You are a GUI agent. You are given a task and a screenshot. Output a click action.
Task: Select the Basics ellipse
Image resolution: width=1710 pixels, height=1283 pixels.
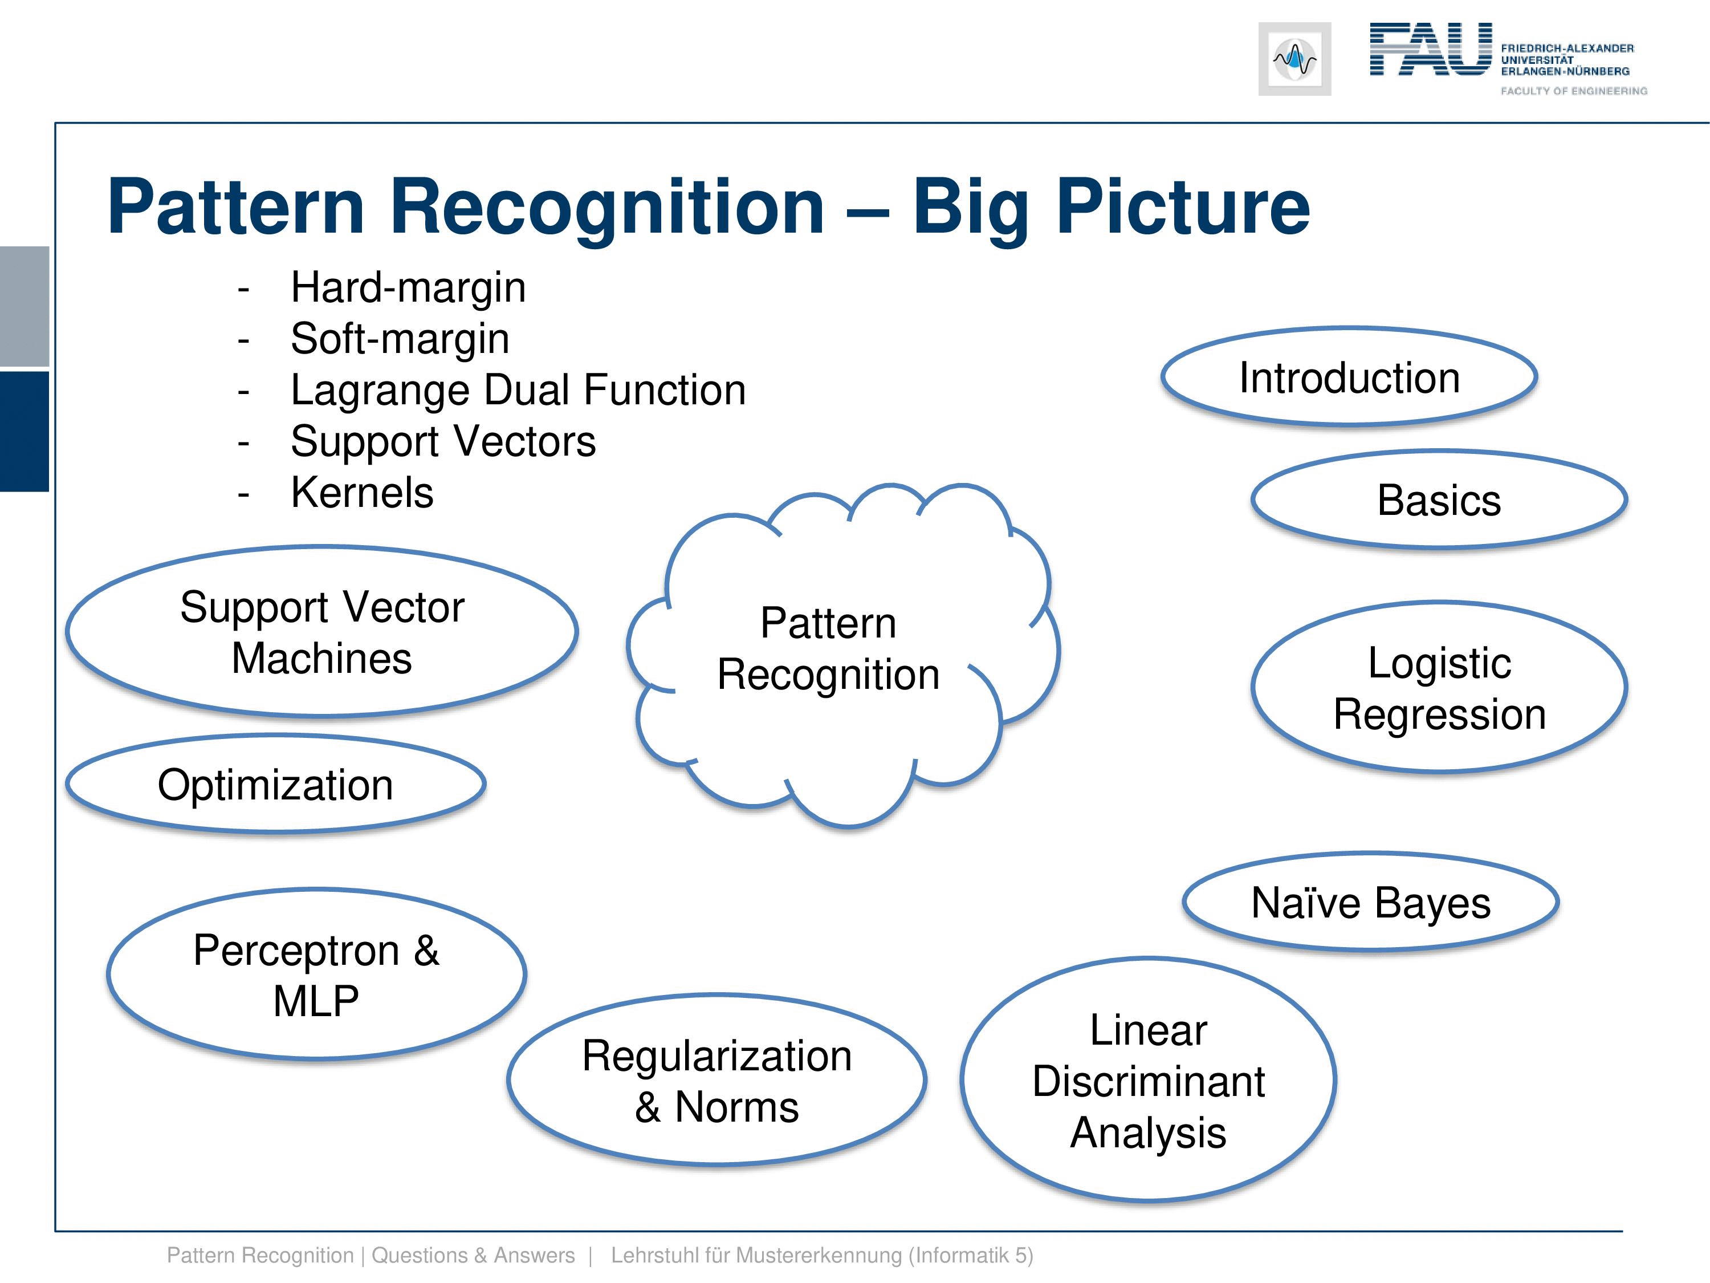[1439, 500]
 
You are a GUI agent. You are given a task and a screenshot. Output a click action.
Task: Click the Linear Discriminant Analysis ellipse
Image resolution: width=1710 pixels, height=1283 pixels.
[1148, 1081]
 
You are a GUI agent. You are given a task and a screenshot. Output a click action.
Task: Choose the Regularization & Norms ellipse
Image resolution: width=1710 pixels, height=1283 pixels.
[716, 1081]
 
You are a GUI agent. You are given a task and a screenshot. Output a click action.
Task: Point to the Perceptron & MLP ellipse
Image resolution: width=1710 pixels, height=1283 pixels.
[316, 975]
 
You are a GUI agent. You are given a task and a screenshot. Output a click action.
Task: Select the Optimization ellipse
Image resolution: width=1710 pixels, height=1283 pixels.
[275, 784]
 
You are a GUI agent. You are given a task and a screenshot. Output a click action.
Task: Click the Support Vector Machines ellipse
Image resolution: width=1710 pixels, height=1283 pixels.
[321, 632]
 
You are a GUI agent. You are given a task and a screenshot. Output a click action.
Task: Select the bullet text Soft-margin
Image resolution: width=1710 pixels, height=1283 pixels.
[400, 338]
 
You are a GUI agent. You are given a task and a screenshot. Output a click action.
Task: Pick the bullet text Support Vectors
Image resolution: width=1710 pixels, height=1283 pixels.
[443, 441]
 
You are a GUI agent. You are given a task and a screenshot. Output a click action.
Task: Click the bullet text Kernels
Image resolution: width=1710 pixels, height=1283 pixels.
[362, 492]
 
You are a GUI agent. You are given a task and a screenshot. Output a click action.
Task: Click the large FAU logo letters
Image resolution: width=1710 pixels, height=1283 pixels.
[1430, 50]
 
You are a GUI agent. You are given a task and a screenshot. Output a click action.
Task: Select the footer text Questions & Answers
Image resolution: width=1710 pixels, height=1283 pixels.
[473, 1255]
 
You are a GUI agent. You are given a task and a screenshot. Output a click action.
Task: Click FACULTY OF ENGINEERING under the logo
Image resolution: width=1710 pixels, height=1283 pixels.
[1573, 91]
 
